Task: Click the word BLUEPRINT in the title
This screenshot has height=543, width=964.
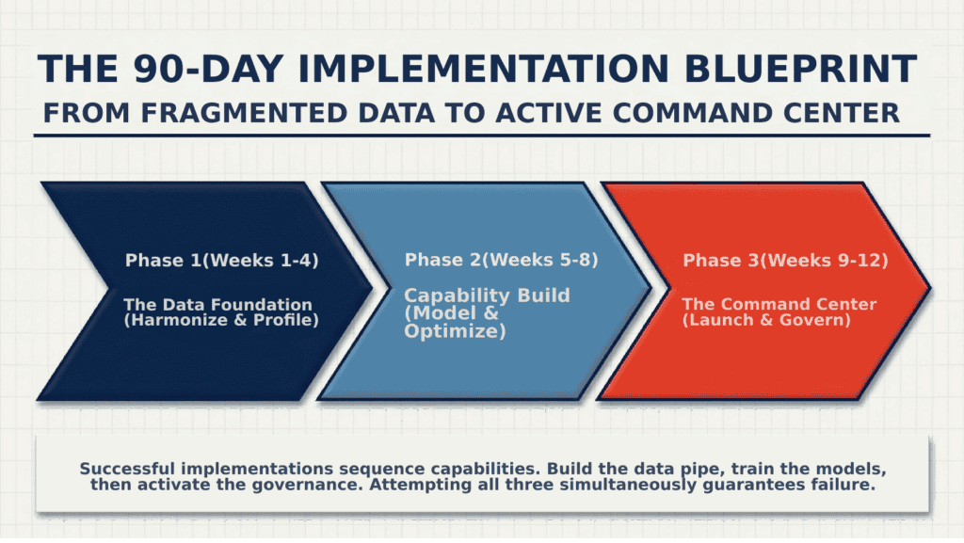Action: [800, 68]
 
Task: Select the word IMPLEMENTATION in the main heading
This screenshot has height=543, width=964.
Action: [483, 68]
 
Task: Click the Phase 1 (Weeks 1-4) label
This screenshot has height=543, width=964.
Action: [222, 261]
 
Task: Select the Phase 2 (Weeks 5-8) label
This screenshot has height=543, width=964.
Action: [501, 260]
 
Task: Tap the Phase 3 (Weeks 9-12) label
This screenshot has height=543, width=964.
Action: [786, 261]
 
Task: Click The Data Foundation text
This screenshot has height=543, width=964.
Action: [218, 305]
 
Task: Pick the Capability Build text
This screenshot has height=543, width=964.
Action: [487, 295]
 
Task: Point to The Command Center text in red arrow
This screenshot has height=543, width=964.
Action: [779, 304]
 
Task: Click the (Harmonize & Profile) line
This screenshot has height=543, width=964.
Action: [221, 320]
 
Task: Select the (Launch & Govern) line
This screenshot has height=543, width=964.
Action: [766, 320]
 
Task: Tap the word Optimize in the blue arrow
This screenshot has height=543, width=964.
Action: [455, 331]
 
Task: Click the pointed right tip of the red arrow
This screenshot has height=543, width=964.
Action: [930, 287]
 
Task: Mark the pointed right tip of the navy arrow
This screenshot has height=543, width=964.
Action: [372, 287]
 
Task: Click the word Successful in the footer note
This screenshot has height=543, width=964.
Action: [127, 470]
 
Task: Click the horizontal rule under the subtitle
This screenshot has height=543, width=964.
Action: [482, 136]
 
